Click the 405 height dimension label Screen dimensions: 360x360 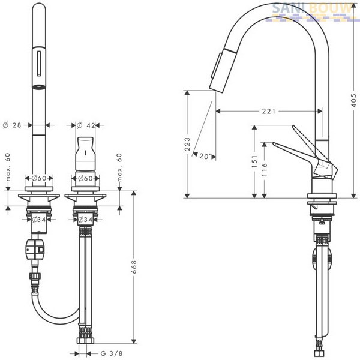(354, 101)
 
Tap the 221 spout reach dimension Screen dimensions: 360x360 (269, 112)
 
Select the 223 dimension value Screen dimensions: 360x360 (188, 144)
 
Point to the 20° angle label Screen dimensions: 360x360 (205, 156)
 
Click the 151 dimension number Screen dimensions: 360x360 (254, 161)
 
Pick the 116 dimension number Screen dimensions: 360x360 (265, 169)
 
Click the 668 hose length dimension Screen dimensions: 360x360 (134, 267)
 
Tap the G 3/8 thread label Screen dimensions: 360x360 (112, 353)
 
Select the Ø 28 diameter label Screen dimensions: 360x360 (12, 125)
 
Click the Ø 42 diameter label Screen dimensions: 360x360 (86, 125)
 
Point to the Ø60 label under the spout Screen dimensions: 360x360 (39, 178)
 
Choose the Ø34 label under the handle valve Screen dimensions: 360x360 (85, 220)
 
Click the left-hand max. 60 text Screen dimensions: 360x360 (8, 167)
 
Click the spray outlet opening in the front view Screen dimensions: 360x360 (39, 87)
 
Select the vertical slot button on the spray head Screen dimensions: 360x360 (39, 64)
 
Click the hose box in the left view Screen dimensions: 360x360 (35, 250)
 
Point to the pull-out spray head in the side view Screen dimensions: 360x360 (223, 70)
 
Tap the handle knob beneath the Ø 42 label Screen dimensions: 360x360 (85, 154)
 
